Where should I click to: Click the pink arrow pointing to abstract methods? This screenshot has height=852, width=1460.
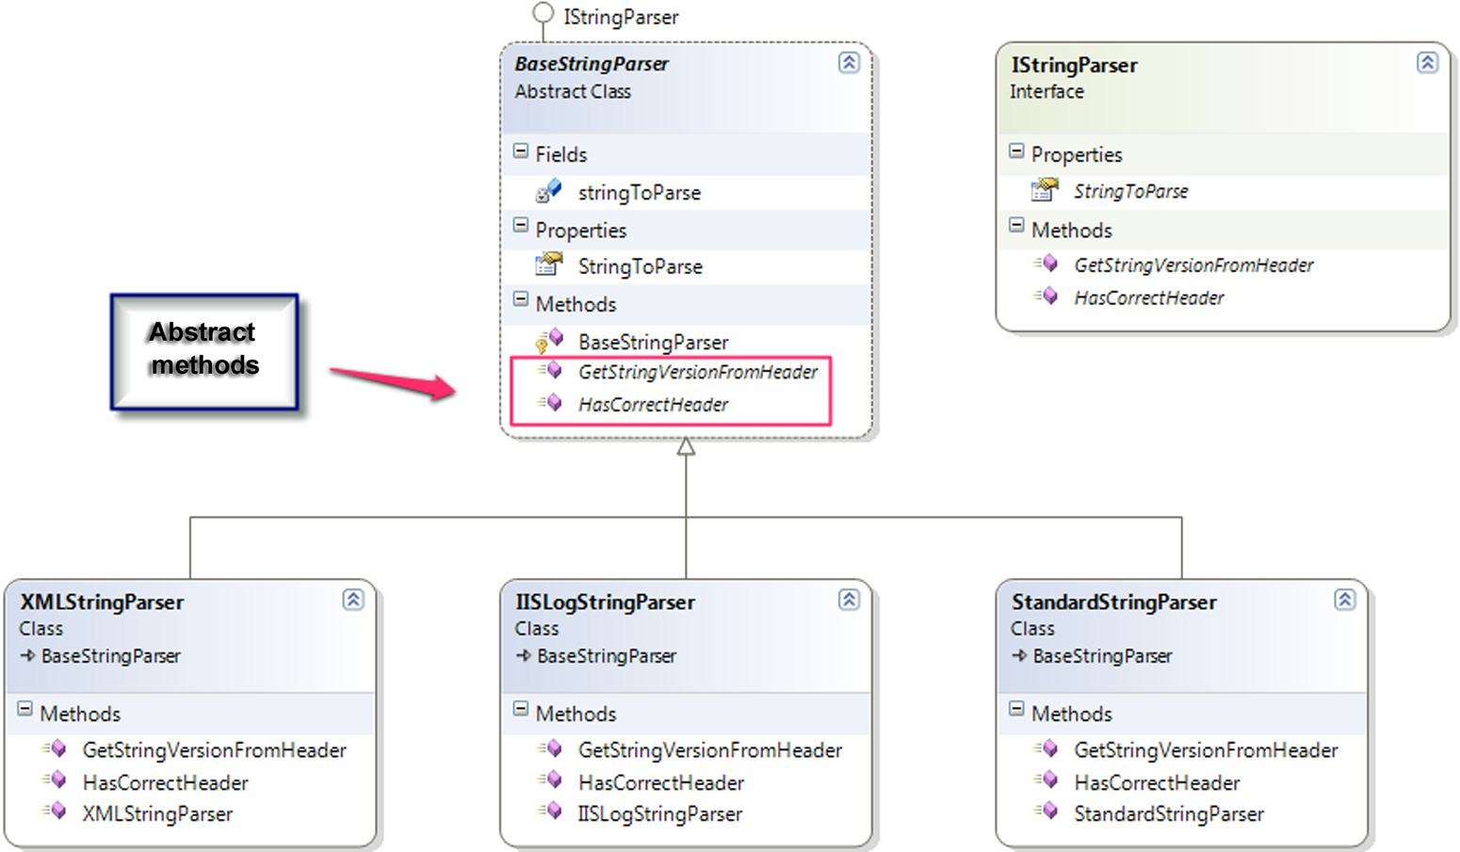click(393, 382)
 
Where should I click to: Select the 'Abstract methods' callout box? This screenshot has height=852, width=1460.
click(204, 352)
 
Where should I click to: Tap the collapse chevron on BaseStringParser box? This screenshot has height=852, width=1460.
click(849, 63)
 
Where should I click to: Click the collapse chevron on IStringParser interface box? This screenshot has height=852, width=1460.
click(1427, 63)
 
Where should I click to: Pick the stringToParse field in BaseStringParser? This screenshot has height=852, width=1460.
click(640, 193)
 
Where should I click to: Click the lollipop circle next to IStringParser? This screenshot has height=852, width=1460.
click(543, 12)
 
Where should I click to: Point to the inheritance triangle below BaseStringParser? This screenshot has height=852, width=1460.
click(686, 447)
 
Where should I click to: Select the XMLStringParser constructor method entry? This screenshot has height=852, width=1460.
click(157, 814)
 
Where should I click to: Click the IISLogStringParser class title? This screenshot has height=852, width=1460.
click(606, 602)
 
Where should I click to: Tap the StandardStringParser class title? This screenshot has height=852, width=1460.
click(1114, 602)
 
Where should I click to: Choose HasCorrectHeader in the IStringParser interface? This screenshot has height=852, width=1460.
click(1149, 298)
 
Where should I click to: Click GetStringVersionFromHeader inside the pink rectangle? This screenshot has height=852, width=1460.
click(697, 372)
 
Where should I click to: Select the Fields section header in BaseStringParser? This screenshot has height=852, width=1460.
click(561, 155)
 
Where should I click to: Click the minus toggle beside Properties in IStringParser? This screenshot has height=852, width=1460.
click(1016, 152)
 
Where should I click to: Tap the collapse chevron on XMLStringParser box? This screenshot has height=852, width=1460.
click(353, 600)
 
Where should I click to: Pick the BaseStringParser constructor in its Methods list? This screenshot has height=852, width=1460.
click(653, 343)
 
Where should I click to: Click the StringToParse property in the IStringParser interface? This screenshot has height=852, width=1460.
click(1131, 191)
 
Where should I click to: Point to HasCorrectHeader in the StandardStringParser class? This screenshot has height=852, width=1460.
click(1157, 783)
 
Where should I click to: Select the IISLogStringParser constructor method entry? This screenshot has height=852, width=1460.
click(659, 814)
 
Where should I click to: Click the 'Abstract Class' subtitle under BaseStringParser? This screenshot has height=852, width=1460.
click(573, 92)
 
